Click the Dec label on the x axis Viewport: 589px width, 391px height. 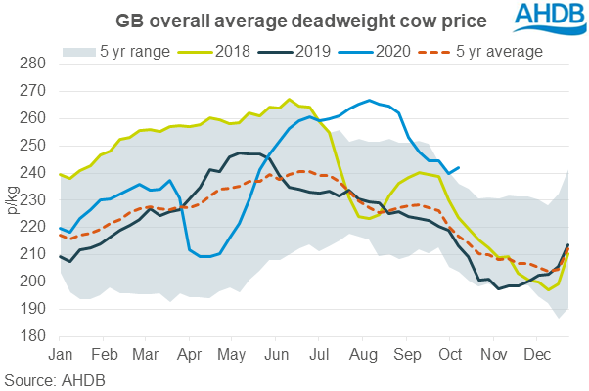coord(535,351)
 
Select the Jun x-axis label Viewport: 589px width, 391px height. coord(276,351)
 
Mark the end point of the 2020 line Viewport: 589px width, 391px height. coord(460,167)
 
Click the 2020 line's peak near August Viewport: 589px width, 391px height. coord(369,100)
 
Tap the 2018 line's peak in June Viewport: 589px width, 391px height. coord(289,99)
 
